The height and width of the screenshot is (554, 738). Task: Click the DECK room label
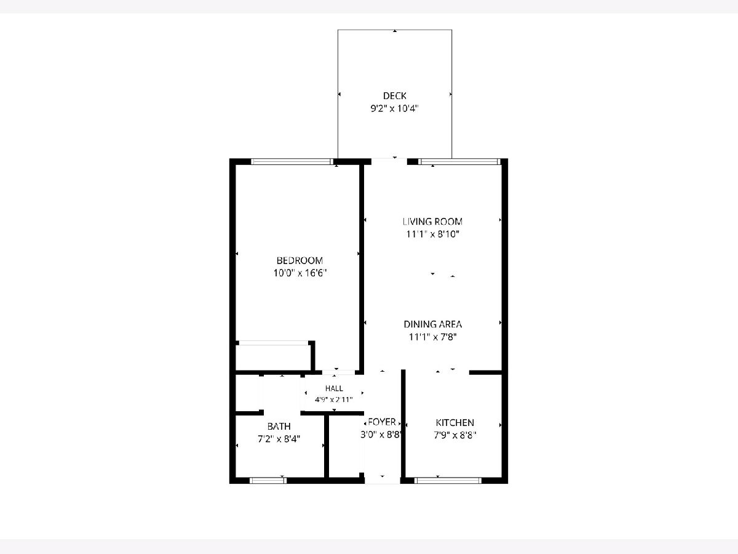[395, 96]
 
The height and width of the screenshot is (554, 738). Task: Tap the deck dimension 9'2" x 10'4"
[395, 108]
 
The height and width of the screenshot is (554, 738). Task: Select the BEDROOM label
[300, 260]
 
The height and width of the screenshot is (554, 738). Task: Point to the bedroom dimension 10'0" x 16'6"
[300, 273]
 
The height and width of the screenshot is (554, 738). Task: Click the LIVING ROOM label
[432, 222]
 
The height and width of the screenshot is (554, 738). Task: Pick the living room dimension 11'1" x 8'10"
[433, 234]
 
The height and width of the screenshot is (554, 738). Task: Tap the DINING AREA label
[433, 324]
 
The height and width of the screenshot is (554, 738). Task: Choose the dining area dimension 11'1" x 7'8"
[433, 337]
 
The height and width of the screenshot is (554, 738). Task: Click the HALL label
[334, 388]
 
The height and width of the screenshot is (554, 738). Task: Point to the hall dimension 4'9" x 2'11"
[333, 399]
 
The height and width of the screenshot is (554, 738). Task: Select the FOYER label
[382, 422]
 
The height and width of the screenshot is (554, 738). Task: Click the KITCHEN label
[454, 423]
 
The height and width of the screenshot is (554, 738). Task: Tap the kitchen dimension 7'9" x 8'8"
[455, 435]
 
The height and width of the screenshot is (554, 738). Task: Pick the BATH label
[279, 427]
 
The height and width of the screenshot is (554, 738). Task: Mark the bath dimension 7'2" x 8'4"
[279, 439]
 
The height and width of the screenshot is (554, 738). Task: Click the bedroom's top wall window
[292, 161]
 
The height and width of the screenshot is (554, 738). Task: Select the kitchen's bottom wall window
[448, 481]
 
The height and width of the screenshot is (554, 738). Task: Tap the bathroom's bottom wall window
[268, 481]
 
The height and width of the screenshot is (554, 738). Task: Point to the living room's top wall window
[459, 161]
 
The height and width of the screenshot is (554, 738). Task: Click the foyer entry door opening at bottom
[383, 481]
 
